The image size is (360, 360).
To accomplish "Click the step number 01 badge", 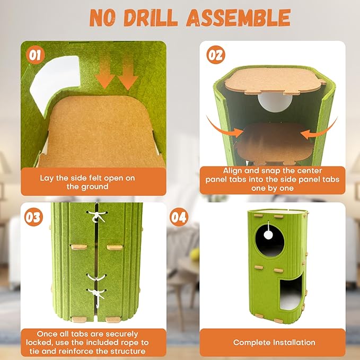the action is [35, 55].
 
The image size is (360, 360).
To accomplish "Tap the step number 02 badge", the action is [216, 55].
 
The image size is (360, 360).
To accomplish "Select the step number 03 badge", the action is [33, 217].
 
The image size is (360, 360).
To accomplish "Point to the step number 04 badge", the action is [179, 217].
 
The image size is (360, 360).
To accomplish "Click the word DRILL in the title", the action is [151, 18].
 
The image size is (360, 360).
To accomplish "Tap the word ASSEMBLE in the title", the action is [238, 18].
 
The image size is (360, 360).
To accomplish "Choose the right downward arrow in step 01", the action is [128, 74].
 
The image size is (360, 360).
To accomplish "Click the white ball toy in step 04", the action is [268, 235].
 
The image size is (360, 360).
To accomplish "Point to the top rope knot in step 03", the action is [98, 216].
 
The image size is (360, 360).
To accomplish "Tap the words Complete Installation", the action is [274, 343].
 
